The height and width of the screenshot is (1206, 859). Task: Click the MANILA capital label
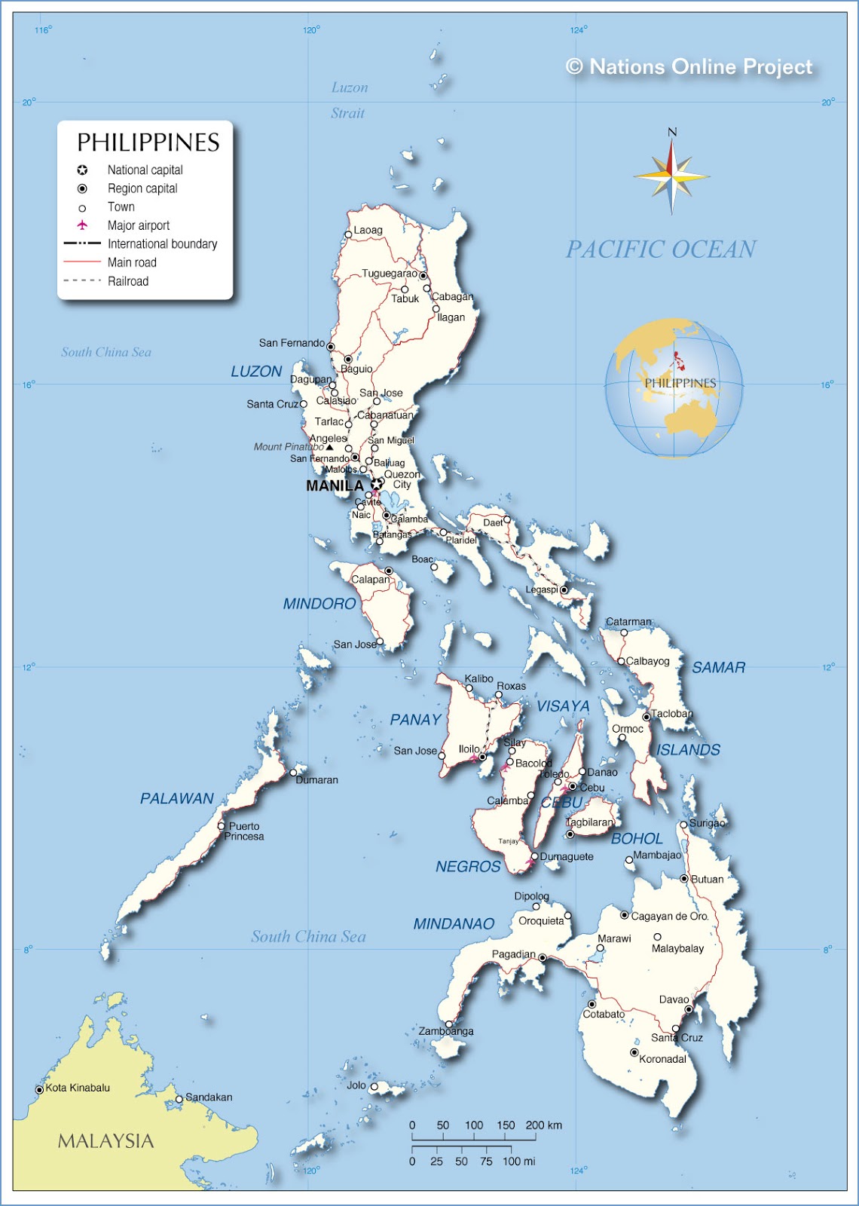point(335,486)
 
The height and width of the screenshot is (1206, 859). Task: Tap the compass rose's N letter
point(672,132)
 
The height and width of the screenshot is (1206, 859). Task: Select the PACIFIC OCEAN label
point(661,249)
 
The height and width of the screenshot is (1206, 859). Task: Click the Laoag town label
point(368,230)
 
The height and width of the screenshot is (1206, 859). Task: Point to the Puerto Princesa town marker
point(222,826)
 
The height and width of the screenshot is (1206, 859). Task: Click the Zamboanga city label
point(446,1031)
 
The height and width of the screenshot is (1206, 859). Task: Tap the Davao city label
point(674,999)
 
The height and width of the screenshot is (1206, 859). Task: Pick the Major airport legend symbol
point(82,225)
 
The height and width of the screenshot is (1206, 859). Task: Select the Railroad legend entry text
point(128,281)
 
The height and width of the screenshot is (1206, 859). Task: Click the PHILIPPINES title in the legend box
point(148,142)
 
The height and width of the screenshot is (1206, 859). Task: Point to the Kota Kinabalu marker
point(39,1090)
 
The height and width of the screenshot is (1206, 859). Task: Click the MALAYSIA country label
point(105,1141)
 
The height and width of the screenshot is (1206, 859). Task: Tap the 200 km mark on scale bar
point(543,1125)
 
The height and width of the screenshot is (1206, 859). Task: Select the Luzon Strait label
point(349,100)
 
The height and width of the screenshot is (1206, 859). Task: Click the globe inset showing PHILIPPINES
point(674,388)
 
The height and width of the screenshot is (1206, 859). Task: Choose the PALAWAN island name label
point(177,798)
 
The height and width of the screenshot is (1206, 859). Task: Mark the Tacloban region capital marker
point(647,717)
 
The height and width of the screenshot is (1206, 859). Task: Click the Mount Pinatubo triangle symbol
point(329,447)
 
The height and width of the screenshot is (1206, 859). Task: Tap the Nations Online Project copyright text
point(689,67)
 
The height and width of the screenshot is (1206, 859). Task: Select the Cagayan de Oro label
point(669,916)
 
